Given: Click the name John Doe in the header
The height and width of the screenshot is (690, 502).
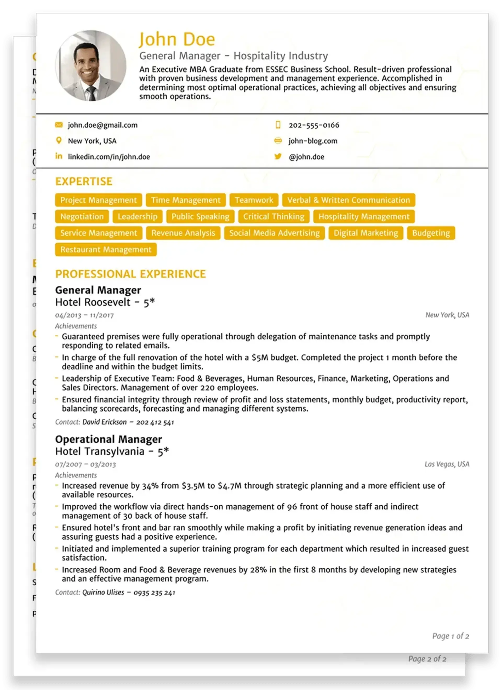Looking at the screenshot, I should pyautogui.click(x=177, y=39).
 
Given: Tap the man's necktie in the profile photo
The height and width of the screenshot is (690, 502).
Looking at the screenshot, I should pyautogui.click(x=92, y=93).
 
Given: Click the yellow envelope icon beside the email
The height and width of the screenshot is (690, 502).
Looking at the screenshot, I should pyautogui.click(x=59, y=125).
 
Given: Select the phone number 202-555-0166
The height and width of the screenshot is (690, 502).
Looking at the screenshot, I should pyautogui.click(x=314, y=125).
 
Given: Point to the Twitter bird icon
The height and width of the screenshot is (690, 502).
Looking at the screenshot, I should pyautogui.click(x=278, y=156).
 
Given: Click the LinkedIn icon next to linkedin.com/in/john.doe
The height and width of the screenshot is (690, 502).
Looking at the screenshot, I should pyautogui.click(x=59, y=156).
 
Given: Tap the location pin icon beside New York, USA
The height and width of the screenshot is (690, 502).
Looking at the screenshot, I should pyautogui.click(x=59, y=140).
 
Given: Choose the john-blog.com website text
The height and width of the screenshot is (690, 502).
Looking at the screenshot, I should pyautogui.click(x=313, y=141).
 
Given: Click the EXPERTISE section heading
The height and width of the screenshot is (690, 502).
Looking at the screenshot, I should pyautogui.click(x=84, y=181).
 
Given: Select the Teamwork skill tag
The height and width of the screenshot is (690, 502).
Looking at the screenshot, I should pyautogui.click(x=254, y=200).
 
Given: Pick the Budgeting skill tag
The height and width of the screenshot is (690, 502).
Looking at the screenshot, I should pyautogui.click(x=431, y=233).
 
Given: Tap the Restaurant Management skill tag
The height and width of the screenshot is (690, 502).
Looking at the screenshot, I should pyautogui.click(x=106, y=250).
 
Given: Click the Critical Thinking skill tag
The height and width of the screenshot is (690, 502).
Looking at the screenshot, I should pyautogui.click(x=274, y=217).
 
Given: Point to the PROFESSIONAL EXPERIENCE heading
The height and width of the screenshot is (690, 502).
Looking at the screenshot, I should pyautogui.click(x=130, y=274).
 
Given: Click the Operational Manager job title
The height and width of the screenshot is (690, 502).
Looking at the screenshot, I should pyautogui.click(x=109, y=439).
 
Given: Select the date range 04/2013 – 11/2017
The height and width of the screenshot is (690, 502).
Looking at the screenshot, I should pyautogui.click(x=84, y=315).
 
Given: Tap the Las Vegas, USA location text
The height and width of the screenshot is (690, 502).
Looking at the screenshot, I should pyautogui.click(x=447, y=464).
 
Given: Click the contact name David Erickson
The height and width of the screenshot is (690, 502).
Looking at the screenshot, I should pyautogui.click(x=104, y=422).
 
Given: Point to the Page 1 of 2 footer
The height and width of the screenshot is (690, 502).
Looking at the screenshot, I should pyautogui.click(x=450, y=636).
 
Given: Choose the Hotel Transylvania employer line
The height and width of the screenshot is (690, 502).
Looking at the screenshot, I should pyautogui.click(x=112, y=451).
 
